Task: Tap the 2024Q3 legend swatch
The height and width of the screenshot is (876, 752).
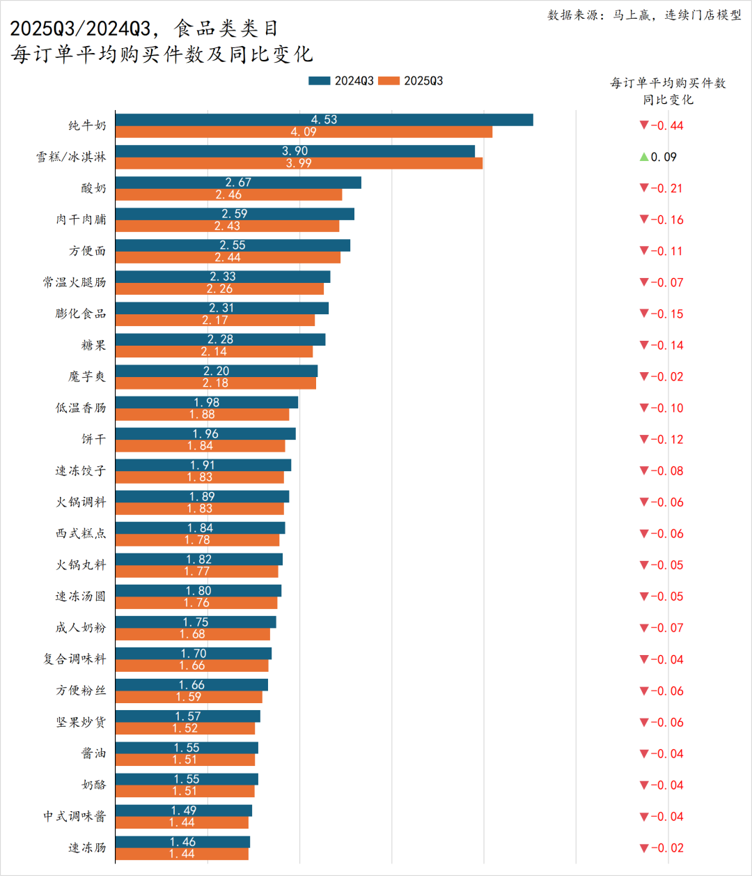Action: click(319, 81)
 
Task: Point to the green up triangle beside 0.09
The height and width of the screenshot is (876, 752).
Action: click(644, 157)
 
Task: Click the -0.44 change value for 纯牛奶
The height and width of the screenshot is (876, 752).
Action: click(667, 125)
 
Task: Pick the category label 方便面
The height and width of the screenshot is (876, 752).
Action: click(87, 251)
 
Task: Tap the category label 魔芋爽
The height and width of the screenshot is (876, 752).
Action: click(87, 376)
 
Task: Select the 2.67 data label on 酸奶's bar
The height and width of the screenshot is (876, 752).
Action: click(238, 183)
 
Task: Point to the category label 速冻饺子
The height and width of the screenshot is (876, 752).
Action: click(81, 470)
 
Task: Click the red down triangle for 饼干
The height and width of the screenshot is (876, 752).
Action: click(644, 439)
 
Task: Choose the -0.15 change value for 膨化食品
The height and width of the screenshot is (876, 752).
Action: click(667, 314)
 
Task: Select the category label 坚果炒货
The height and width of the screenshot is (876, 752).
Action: click(81, 722)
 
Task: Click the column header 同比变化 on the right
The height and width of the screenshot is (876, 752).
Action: click(668, 100)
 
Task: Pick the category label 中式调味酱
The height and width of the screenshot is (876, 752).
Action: click(75, 816)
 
